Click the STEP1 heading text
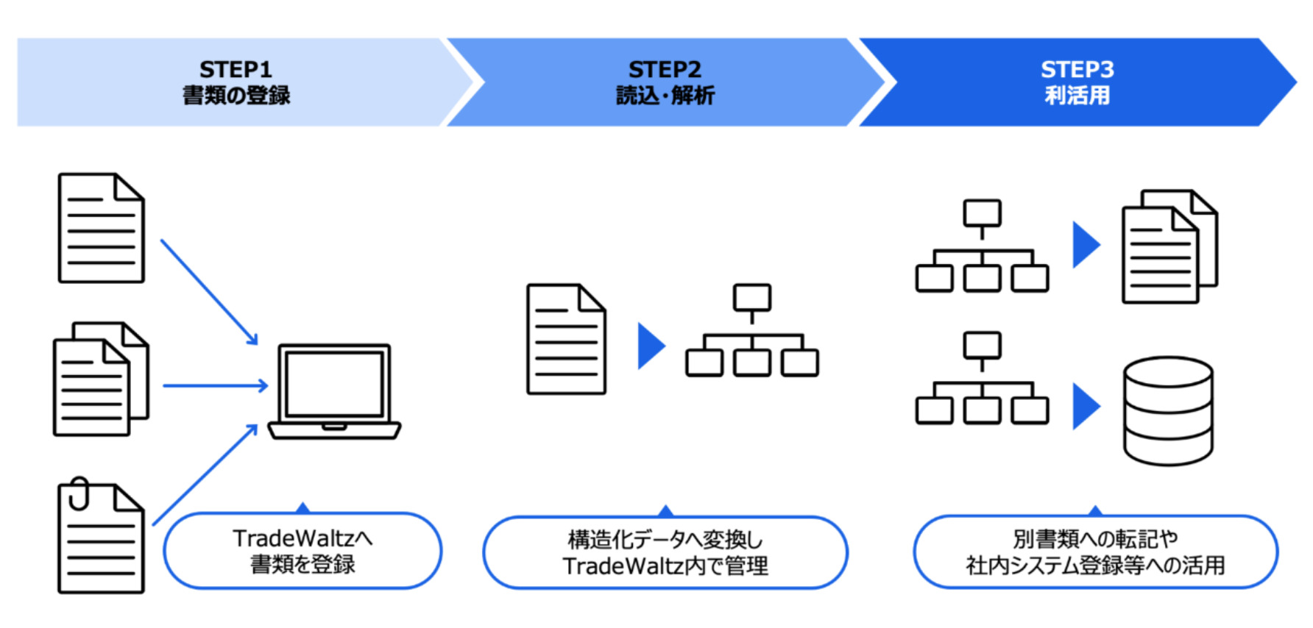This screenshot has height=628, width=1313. [x=236, y=69]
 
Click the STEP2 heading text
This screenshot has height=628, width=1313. [x=665, y=69]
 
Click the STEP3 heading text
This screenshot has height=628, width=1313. [x=1077, y=69]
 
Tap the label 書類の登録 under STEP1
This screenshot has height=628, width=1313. [x=236, y=96]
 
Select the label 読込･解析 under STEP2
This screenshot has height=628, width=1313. [x=665, y=96]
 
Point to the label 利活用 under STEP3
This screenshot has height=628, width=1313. [x=1077, y=96]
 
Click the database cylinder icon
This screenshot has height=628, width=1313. [x=1168, y=410]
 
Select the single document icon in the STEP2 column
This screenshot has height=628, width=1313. [x=566, y=339]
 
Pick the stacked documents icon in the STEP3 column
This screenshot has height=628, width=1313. [x=1169, y=246]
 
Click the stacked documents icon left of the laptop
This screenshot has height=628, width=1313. [x=101, y=379]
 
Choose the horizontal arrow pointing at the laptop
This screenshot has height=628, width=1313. [x=215, y=385]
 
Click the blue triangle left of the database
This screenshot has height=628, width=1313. [x=1086, y=406]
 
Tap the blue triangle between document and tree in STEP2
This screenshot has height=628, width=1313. [x=650, y=346]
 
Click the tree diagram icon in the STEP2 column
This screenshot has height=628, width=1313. [x=751, y=331]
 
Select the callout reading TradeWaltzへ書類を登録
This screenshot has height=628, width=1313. [x=302, y=551]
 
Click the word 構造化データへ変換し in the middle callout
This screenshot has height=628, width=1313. [x=665, y=539]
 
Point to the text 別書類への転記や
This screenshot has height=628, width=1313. [x=1094, y=538]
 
